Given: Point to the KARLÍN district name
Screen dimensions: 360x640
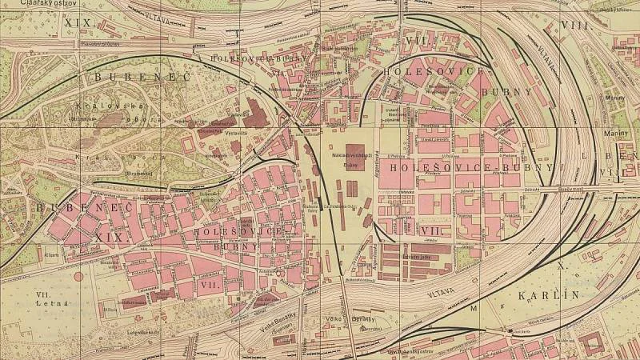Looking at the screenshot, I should click(x=548, y=295).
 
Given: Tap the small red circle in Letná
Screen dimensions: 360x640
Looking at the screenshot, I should click(x=78, y=277).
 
